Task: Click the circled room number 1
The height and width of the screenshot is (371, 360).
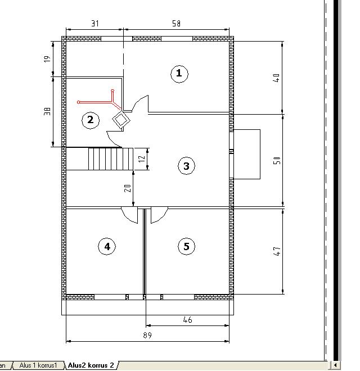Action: (x=179, y=74)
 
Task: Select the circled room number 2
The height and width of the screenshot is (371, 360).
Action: (x=90, y=120)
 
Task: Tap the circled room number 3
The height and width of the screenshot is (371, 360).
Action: (x=186, y=166)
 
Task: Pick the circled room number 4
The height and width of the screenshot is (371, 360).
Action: (x=107, y=246)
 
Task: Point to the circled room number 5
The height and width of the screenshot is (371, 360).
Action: (x=186, y=246)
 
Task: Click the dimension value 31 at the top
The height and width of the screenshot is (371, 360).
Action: (x=95, y=24)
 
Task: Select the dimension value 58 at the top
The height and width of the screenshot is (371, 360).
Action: (x=176, y=24)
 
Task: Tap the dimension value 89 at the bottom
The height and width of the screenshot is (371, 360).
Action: (x=147, y=335)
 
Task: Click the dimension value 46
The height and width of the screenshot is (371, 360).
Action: (x=187, y=320)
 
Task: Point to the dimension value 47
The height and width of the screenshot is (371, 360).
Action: (x=277, y=251)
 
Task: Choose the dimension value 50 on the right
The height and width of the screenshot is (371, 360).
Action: (x=277, y=160)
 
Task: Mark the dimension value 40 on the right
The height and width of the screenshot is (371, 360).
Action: (x=276, y=78)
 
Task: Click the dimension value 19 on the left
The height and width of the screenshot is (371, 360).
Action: (x=47, y=59)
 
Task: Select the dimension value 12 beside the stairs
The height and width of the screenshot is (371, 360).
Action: (x=142, y=159)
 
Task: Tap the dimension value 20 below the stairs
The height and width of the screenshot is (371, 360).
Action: (x=128, y=188)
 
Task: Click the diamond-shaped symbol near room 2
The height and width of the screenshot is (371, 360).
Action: (x=121, y=120)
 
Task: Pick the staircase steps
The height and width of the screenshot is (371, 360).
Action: (x=111, y=159)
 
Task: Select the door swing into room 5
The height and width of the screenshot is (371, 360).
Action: (x=159, y=215)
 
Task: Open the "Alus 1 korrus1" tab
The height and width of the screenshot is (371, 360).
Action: (x=38, y=365)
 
